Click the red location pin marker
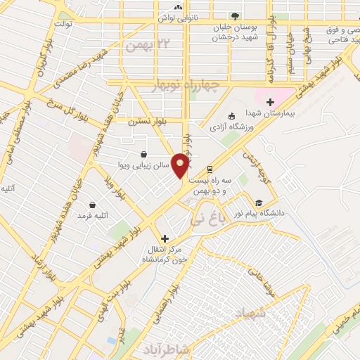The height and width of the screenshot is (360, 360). pos(181,165)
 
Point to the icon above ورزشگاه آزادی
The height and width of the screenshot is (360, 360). pos(231,116)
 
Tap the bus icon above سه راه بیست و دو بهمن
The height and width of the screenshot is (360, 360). pos(210,169)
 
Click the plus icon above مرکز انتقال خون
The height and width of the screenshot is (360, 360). pos(165,239)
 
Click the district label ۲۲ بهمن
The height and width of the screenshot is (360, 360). pos(146,44)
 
